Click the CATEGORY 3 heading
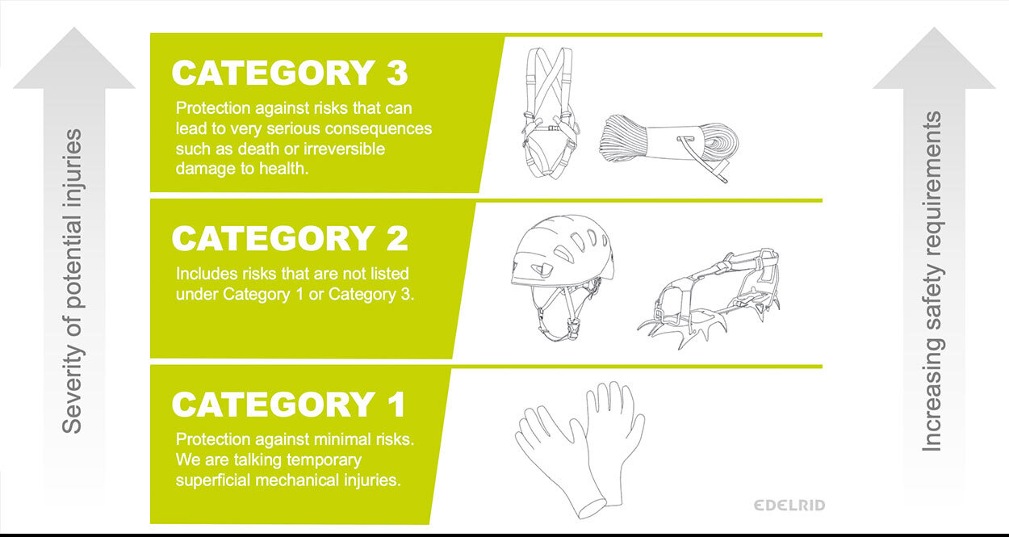290,73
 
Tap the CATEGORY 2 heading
290,239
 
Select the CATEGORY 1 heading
290,405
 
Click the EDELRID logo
789,506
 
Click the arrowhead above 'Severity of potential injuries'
73,58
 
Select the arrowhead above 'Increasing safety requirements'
934,58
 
